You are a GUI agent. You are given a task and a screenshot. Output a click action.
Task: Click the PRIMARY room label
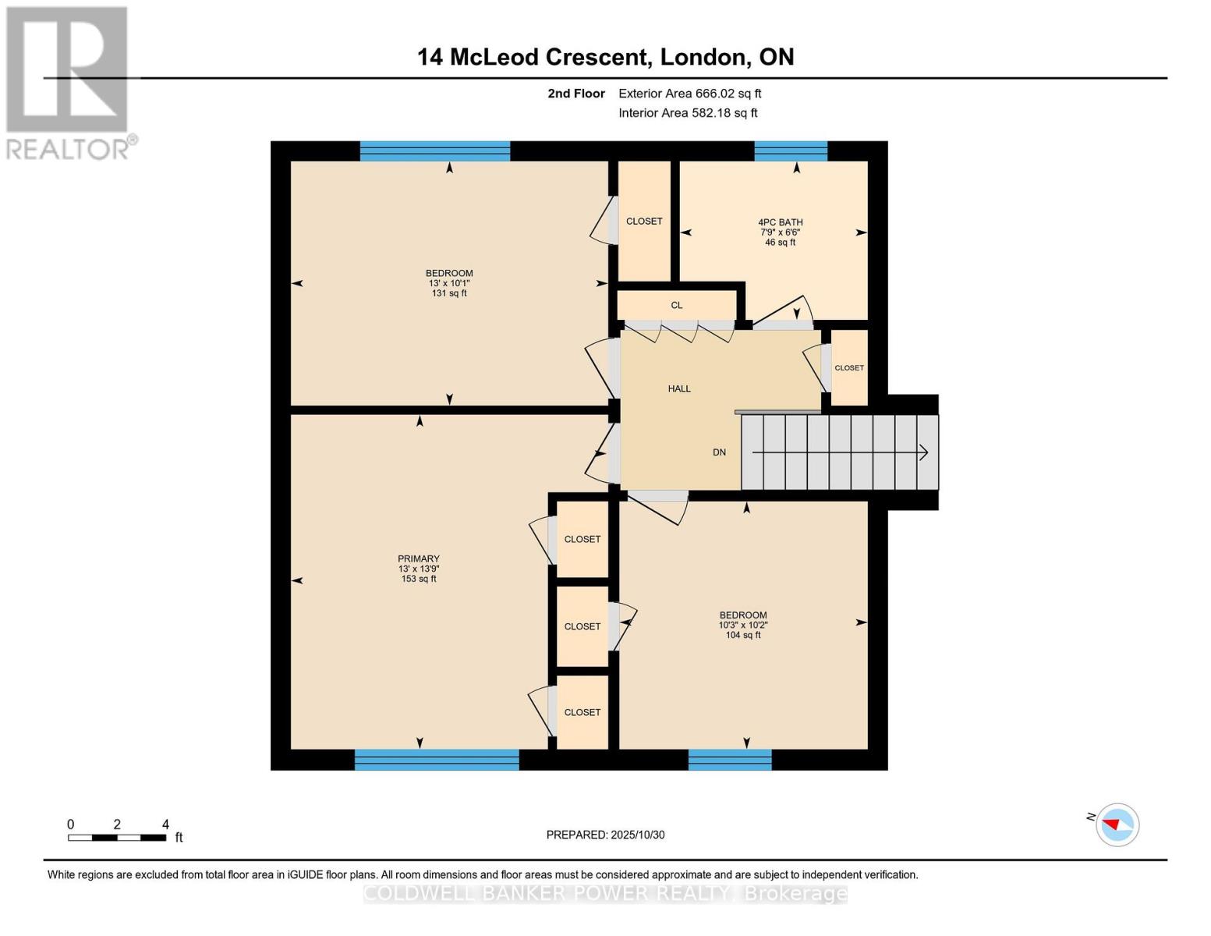[x=419, y=558]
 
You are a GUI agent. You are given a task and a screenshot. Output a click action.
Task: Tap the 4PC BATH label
[x=780, y=222]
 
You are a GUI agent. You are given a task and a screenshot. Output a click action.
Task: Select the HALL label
[x=678, y=388]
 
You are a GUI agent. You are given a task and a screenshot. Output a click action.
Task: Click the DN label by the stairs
[x=719, y=452]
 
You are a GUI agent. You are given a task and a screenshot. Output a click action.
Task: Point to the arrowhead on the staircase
[x=923, y=452]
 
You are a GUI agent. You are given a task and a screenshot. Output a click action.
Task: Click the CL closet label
[x=676, y=305]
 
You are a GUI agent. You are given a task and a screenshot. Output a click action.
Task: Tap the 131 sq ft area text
[x=449, y=293]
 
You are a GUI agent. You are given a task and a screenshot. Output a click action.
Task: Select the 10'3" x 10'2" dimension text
[x=743, y=625]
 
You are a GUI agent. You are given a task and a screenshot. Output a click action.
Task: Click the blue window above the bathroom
[x=790, y=151]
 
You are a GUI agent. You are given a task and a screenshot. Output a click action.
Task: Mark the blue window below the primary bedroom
[x=437, y=759]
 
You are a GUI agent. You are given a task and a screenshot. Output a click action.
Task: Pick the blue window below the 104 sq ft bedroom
[x=730, y=759]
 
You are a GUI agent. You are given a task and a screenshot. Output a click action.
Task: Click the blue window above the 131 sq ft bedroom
[x=434, y=151]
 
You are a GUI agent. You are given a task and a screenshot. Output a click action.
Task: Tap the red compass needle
[x=1110, y=824]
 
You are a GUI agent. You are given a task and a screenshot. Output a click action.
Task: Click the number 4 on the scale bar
[x=165, y=824]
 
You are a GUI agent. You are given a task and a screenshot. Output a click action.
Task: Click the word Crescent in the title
[x=598, y=57]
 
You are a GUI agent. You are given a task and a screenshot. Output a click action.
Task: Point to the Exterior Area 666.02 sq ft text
[x=689, y=94]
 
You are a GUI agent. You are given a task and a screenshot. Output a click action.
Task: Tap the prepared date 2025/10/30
[x=638, y=835]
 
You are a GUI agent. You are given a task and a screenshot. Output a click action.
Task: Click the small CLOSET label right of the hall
[x=848, y=368]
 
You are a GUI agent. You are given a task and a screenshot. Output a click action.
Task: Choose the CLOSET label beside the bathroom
[x=643, y=222]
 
